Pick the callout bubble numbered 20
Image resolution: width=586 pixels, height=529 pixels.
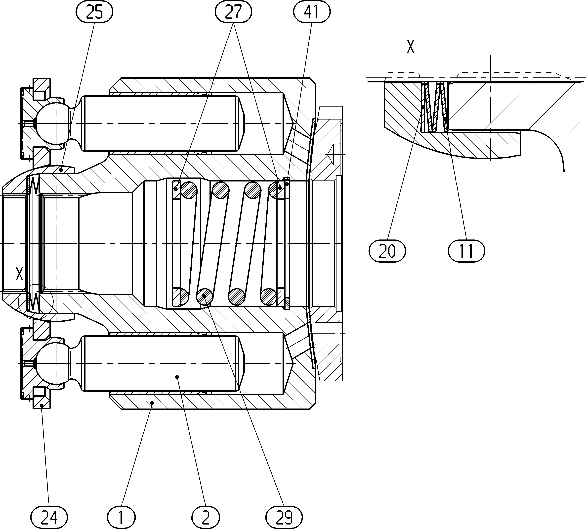[x=387, y=251]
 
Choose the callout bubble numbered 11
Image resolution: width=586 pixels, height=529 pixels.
[x=466, y=251]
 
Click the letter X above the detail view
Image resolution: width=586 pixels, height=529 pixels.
[x=410, y=47]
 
